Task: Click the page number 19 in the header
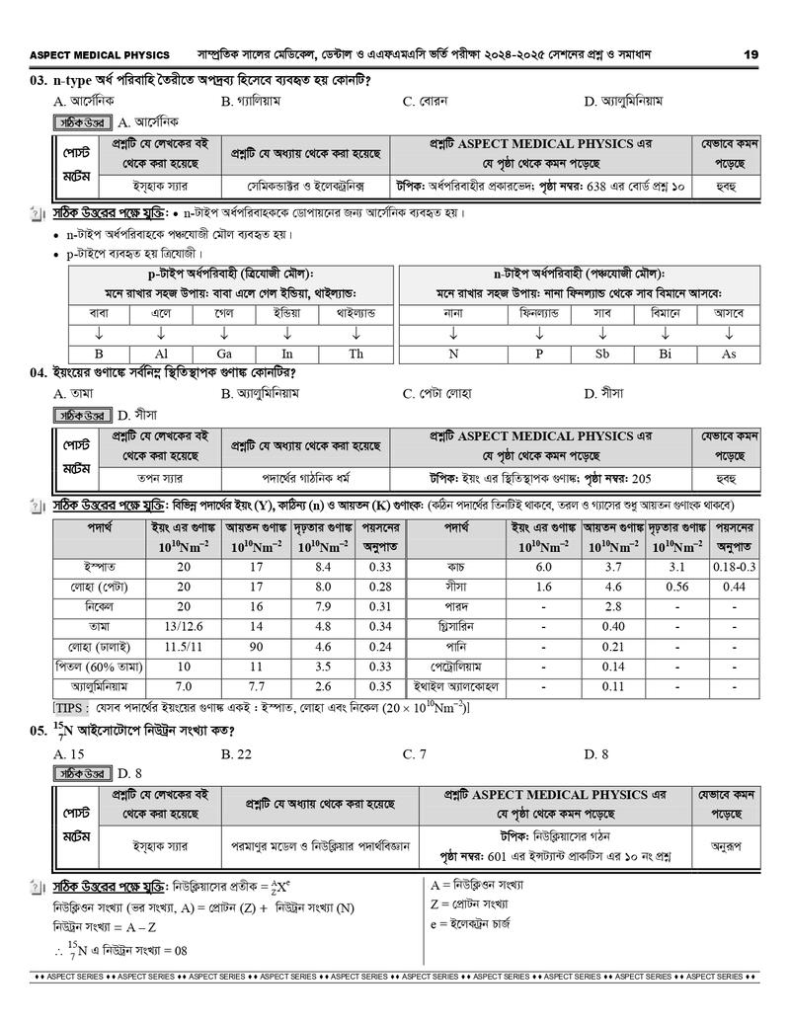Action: click(750, 55)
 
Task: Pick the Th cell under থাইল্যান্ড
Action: click(355, 354)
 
